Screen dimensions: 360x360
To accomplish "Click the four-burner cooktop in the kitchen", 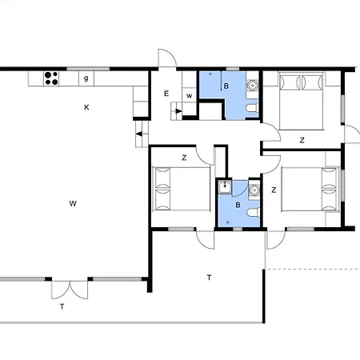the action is [51, 78].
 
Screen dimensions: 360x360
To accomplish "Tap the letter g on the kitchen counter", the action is [86, 78].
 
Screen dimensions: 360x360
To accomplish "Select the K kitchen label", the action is [86, 107].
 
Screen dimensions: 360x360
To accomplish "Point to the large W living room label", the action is [73, 204].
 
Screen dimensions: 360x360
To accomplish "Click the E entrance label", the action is [166, 94].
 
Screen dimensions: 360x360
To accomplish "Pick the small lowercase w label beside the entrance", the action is [190, 96].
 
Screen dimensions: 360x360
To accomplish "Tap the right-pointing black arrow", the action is [178, 111].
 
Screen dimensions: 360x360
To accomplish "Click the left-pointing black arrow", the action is [139, 134].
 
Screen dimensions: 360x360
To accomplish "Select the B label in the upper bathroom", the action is [226, 86].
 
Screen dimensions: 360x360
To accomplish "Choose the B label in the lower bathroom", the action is [238, 205].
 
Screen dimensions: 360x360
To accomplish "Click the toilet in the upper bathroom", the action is [252, 108].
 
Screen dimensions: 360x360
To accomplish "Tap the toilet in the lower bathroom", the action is [254, 212].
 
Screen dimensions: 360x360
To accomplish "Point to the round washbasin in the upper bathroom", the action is [252, 86].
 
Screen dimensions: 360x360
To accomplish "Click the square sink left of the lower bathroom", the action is [225, 186].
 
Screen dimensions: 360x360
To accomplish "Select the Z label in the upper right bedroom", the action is [302, 140].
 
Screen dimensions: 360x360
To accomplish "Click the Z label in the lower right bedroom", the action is [274, 190].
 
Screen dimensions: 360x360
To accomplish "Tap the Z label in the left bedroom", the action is [184, 158].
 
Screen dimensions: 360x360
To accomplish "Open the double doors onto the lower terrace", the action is [70, 290].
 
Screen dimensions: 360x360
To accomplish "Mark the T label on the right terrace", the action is [209, 278].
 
